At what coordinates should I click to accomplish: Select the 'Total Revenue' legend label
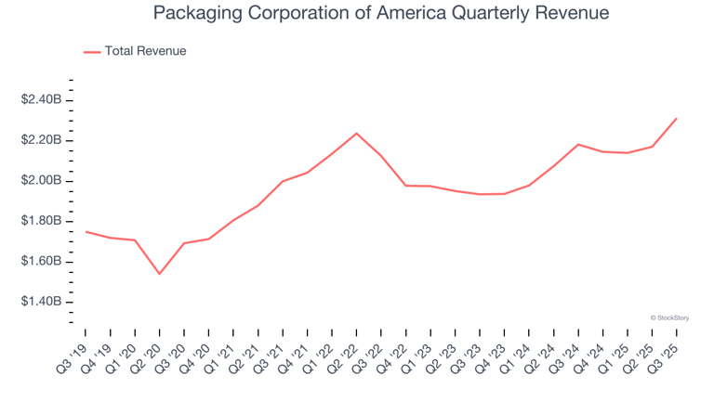pyautogui.click(x=145, y=51)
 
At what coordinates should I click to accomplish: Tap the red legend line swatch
pyautogui.click(x=92, y=52)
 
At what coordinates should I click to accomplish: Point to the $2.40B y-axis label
pyautogui.click(x=41, y=99)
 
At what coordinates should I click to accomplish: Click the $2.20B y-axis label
pyautogui.click(x=41, y=140)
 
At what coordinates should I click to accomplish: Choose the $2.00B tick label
pyautogui.click(x=41, y=180)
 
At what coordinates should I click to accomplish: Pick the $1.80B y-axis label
pyautogui.click(x=41, y=221)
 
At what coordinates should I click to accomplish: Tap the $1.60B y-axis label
pyautogui.click(x=41, y=262)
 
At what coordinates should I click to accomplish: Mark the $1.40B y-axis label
pyautogui.click(x=41, y=302)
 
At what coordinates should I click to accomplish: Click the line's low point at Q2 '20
pyautogui.click(x=160, y=274)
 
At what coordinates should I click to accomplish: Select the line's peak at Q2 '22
pyautogui.click(x=357, y=133)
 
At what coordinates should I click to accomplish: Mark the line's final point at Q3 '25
pyautogui.click(x=676, y=118)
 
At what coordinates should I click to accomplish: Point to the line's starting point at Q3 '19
pyautogui.click(x=86, y=231)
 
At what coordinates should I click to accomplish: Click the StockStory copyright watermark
pyautogui.click(x=669, y=317)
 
